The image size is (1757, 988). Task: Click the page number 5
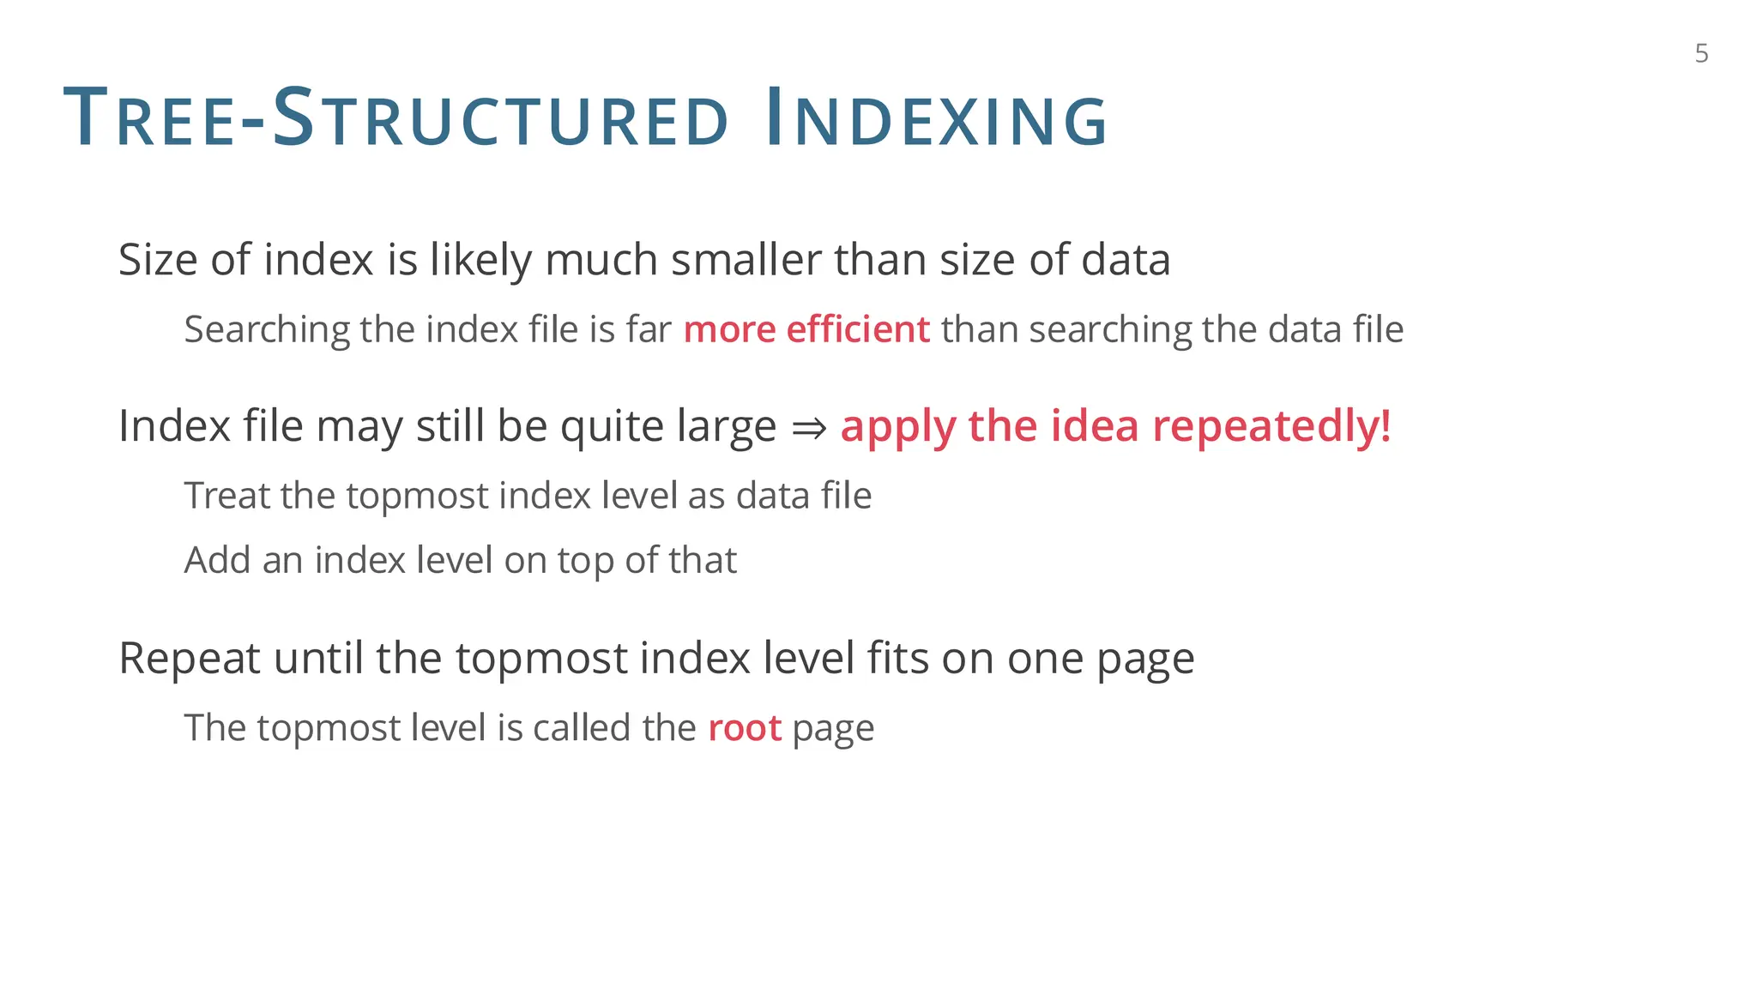click(x=1701, y=54)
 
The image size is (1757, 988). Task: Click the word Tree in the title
click(x=149, y=119)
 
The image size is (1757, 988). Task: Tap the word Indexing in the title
click(x=936, y=119)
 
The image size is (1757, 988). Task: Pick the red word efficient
click(x=857, y=329)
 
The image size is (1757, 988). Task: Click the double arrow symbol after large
click(x=808, y=427)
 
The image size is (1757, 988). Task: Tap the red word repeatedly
click(x=1271, y=426)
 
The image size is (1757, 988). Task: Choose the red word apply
click(x=897, y=427)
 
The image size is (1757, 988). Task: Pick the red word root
click(x=744, y=728)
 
